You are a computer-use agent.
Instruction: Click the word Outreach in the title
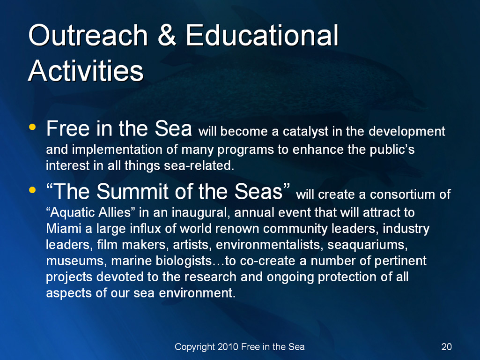pos(88,36)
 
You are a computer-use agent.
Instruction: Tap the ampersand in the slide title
pos(167,36)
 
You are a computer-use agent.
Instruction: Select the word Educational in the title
pos(262,36)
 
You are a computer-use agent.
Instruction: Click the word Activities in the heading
pos(86,70)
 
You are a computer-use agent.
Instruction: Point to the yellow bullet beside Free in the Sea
pos(32,127)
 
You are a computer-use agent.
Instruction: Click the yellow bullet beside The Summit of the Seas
pos(32,190)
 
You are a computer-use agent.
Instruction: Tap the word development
pos(406,132)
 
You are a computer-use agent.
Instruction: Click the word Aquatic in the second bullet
pos(70,212)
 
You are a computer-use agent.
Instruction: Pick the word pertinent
pos(400,261)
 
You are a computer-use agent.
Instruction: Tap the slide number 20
pos(446,347)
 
